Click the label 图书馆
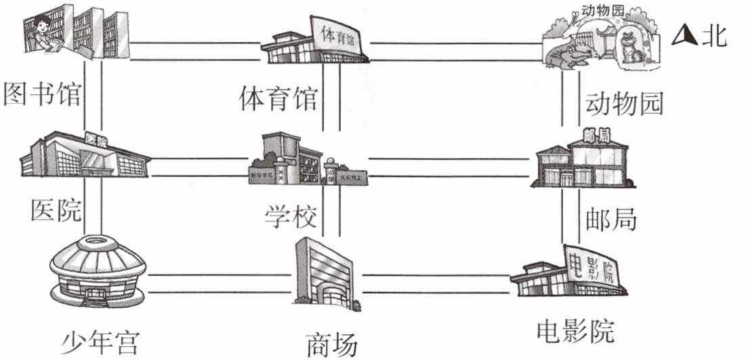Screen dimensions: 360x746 point(42,96)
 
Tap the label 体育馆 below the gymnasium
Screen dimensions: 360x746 point(278,99)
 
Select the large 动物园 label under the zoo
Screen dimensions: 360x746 point(623,104)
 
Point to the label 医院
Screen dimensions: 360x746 point(56,211)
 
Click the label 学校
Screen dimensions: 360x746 point(289,217)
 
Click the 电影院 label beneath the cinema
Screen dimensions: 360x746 point(575,332)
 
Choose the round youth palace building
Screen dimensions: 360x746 point(98,271)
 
